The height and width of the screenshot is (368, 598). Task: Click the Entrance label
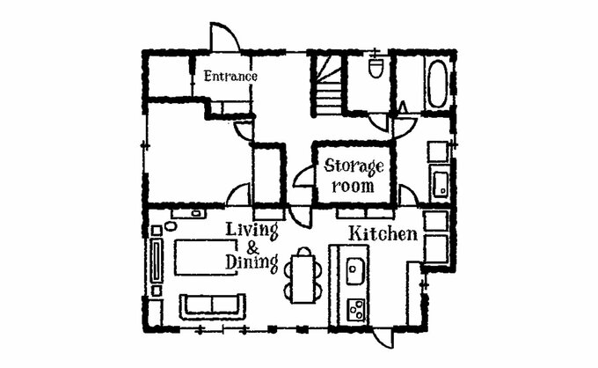[x=230, y=76]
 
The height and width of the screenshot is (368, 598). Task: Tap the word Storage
[x=354, y=166]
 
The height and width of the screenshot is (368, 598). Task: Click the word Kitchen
[x=383, y=233]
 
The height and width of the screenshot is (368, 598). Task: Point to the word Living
[x=252, y=231]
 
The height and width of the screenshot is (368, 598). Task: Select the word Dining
[x=252, y=262]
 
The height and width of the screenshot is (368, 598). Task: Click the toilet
[x=376, y=69]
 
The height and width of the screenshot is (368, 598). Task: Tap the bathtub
[x=437, y=84]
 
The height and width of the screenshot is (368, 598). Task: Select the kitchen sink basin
[x=355, y=270]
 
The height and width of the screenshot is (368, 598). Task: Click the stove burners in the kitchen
[x=356, y=309]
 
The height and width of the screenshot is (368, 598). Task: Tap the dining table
[x=303, y=279]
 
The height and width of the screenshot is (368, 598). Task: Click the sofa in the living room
[x=213, y=306]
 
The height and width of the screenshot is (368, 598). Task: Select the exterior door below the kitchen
[x=383, y=338]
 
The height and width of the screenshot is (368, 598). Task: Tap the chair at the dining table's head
[x=304, y=251]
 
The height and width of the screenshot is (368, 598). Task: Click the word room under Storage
[x=353, y=187]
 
